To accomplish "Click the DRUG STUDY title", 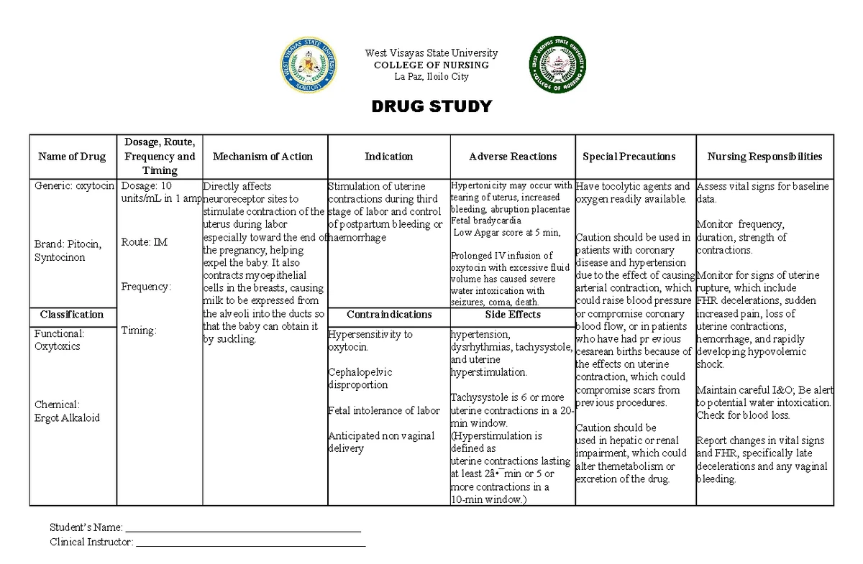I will [x=431, y=107].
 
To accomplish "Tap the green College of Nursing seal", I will [x=557, y=65].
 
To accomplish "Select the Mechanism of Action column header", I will [x=262, y=156].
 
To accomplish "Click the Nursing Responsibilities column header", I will [x=764, y=156].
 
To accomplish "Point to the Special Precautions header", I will [x=629, y=156].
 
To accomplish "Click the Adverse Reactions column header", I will [x=513, y=156].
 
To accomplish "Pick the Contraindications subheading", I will [x=389, y=314].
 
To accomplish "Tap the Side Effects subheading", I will [x=513, y=314].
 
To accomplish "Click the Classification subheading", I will [x=72, y=314].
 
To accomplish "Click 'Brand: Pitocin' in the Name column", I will [x=68, y=244].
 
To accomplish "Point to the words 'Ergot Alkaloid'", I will [x=67, y=417].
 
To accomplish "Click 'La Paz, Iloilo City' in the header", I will [x=431, y=77].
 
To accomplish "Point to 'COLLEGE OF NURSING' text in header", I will [x=431, y=65].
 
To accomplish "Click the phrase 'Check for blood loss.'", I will [x=743, y=415].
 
